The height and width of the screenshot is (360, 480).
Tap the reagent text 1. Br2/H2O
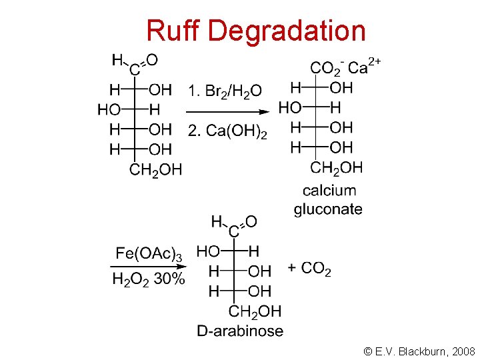coord(225,91)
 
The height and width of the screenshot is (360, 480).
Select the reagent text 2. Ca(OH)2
coord(227,131)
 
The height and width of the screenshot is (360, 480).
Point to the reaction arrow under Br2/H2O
coord(227,111)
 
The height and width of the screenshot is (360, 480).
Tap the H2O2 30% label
coord(148,279)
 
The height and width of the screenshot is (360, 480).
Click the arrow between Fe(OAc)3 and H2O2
coord(148,267)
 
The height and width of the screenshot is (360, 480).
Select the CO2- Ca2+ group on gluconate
coord(345,67)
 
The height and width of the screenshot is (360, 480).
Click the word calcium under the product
coord(329,191)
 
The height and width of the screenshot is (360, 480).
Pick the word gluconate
coord(328,209)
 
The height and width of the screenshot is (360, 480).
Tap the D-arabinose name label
coord(240,331)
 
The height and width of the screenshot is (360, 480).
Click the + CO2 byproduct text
coord(309,269)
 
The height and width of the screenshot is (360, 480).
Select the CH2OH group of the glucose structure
coord(155,170)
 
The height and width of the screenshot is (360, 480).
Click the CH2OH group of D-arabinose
coord(255,311)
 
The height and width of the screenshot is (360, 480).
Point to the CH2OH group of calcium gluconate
coord(337,167)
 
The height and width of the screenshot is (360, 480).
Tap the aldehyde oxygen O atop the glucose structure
coord(152,60)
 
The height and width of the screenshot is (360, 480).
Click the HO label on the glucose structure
coord(109,109)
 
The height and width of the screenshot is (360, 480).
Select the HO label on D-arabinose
coord(209,251)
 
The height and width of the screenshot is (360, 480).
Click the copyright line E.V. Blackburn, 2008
coord(419,351)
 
